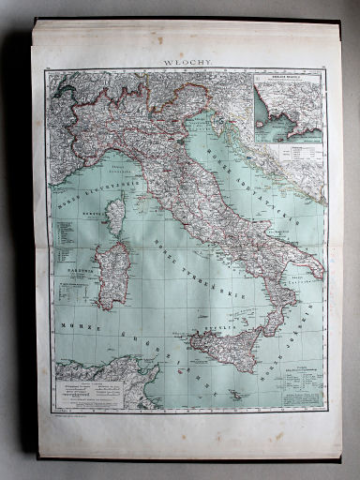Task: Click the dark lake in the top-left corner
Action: (64, 88)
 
